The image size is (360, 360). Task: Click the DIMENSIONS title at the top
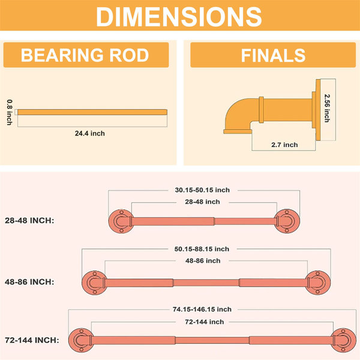(179, 17)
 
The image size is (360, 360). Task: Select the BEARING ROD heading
(85, 55)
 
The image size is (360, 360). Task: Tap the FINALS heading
(273, 55)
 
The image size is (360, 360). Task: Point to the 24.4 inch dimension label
(90, 133)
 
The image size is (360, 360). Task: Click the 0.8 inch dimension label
(10, 112)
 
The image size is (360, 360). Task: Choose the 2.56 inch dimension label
(327, 108)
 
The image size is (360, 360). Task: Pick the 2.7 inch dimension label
(284, 145)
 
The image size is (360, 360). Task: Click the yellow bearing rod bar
(92, 112)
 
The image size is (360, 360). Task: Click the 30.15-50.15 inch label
(202, 190)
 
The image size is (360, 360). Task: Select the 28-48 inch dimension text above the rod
(203, 202)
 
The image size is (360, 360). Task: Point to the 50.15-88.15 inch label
(202, 249)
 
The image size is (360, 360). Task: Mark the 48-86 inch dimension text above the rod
(203, 261)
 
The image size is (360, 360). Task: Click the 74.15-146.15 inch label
(202, 310)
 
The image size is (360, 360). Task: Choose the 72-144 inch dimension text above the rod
(205, 322)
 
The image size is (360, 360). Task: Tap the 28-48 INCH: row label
(29, 221)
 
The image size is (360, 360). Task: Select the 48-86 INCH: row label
(29, 282)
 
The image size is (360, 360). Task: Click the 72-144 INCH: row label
(32, 340)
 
